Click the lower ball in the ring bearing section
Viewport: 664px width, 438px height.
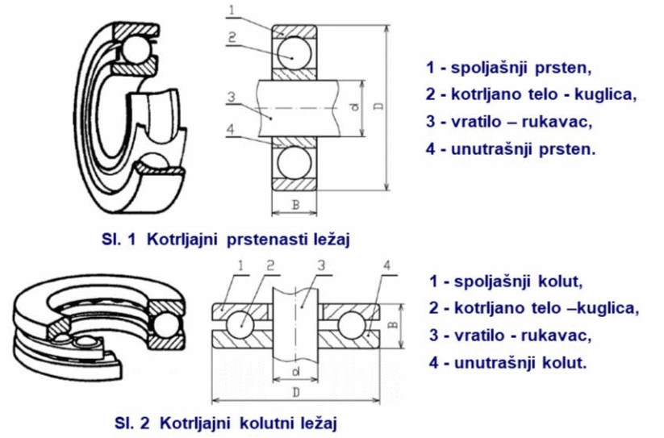click(x=293, y=162)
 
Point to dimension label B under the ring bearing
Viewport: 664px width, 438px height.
click(x=295, y=205)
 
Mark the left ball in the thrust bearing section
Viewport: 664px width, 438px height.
click(x=240, y=326)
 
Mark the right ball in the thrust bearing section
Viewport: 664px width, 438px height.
click(x=353, y=326)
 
